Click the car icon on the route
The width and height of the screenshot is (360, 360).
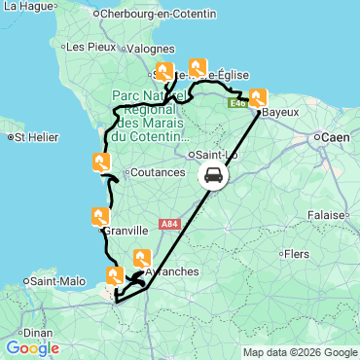point(213,176)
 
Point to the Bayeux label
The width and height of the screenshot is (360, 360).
point(280,113)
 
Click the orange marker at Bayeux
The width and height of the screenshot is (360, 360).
point(259,98)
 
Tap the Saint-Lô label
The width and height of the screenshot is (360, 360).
point(217,155)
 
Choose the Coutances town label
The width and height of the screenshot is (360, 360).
point(157,172)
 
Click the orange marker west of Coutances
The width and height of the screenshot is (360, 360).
point(101,162)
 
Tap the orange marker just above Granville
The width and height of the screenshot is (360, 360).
point(99,217)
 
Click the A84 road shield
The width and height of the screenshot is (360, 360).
point(169,224)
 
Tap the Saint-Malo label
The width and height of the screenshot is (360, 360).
point(54,281)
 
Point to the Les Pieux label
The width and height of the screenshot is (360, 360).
point(81,46)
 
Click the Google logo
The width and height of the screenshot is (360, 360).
point(32,348)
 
